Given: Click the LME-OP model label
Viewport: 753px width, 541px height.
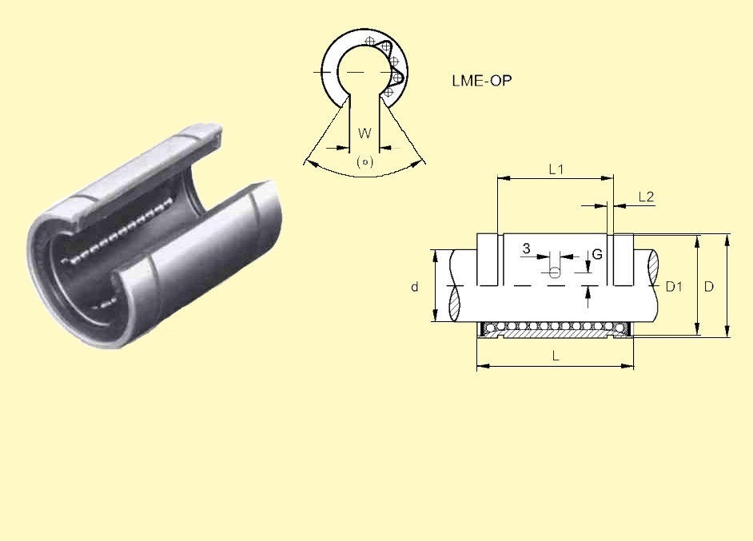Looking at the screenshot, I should click(481, 81).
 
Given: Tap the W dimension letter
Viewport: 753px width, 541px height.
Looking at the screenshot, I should click(364, 133).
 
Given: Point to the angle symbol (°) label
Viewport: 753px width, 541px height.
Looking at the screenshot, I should click(365, 161).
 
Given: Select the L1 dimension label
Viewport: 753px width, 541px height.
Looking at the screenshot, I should click(556, 169).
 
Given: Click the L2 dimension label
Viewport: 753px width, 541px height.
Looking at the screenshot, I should click(647, 197).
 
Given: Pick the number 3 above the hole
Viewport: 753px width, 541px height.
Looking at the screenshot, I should click(526, 249).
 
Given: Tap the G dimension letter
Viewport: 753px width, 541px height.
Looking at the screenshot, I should click(597, 255).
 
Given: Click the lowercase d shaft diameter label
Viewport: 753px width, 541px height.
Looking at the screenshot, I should click(415, 287).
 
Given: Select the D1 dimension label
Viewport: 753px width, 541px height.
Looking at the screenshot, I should click(674, 287).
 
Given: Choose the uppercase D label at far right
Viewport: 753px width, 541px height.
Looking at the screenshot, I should click(709, 286).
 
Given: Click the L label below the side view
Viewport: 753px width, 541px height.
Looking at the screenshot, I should click(556, 356).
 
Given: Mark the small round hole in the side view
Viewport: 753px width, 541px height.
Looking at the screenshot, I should click(555, 273).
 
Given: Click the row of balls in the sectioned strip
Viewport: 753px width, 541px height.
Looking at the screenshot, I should click(556, 327).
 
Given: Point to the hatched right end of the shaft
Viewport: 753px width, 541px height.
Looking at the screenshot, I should click(653, 261).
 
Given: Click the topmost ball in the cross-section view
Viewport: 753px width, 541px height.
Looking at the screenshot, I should click(369, 42).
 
